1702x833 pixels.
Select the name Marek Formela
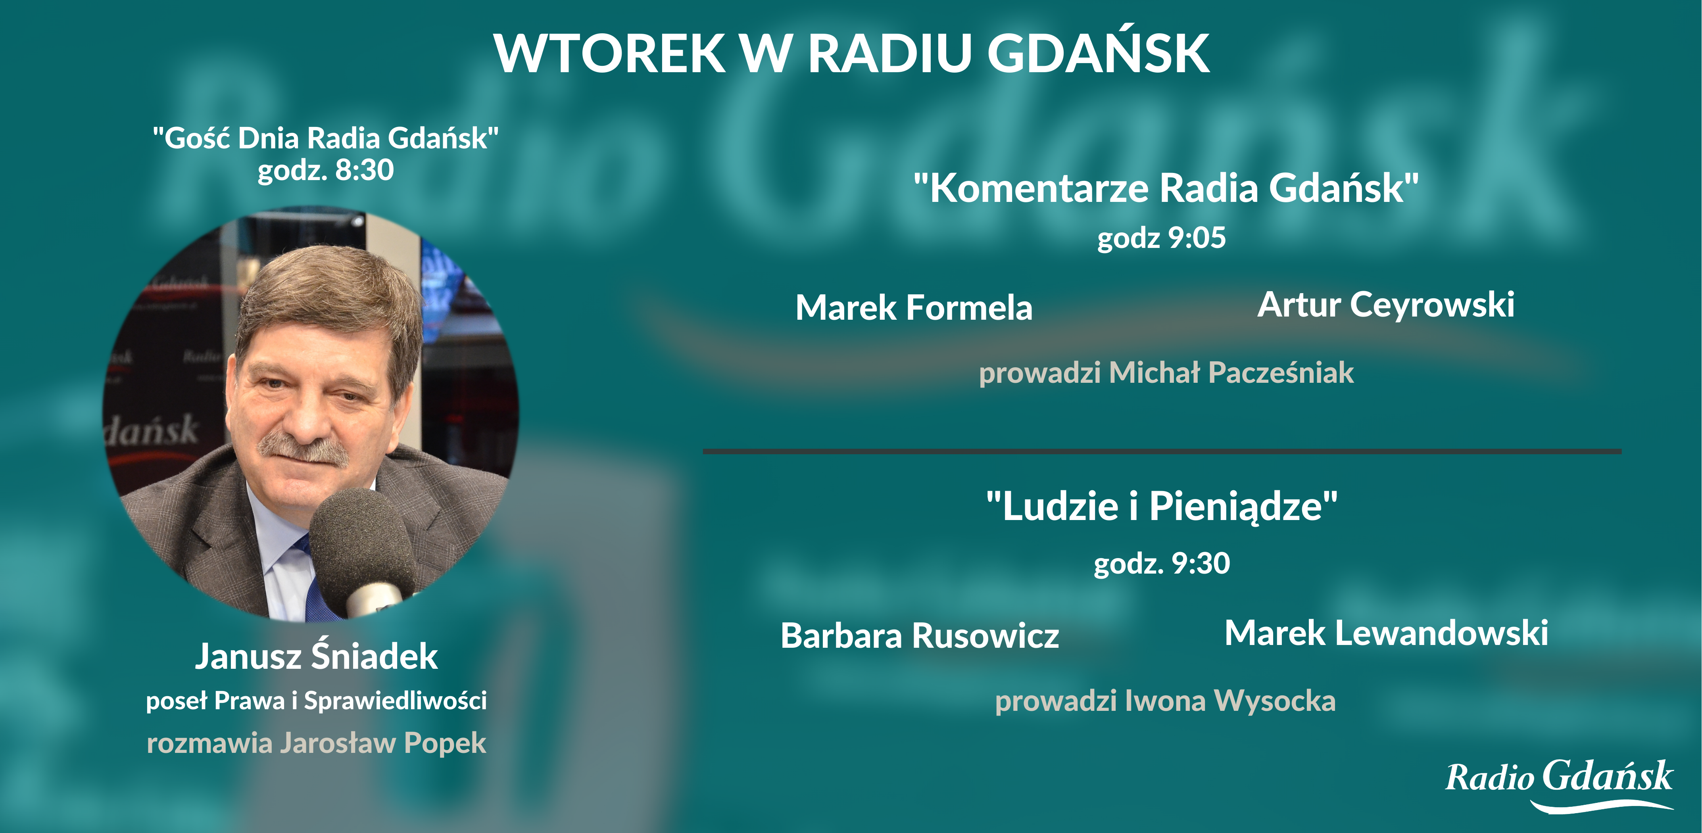[x=914, y=308]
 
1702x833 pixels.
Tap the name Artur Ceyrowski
[x=1385, y=305]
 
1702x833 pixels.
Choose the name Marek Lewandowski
[x=1386, y=633]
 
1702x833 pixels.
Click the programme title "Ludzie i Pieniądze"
[x=1162, y=507]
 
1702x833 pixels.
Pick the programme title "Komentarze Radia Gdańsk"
[x=1166, y=188]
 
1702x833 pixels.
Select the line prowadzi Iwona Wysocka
[x=1165, y=701]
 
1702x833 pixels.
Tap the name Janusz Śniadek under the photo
[x=317, y=656]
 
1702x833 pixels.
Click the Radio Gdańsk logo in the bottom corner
[x=1559, y=783]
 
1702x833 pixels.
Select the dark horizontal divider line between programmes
[x=1162, y=451]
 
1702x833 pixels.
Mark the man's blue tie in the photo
[x=317, y=588]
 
